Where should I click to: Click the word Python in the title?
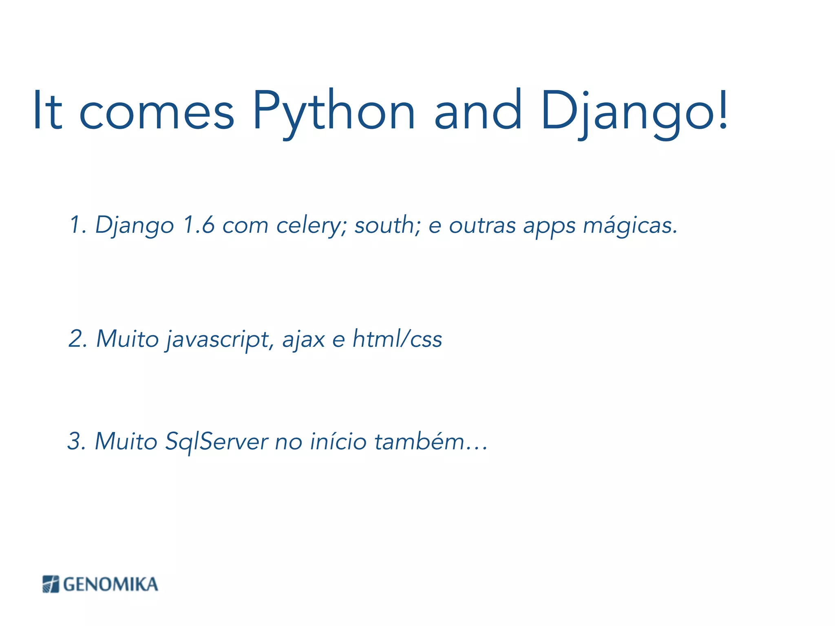tap(334, 111)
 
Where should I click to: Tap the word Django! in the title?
tap(634, 111)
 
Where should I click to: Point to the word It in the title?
tap(47, 111)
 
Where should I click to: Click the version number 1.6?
tap(199, 225)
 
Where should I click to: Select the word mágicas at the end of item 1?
tap(630, 226)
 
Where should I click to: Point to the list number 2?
tap(77, 339)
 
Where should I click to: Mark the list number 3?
tap(77, 441)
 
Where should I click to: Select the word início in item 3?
tap(338, 441)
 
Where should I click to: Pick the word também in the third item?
tap(420, 441)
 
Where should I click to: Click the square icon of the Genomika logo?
tap(51, 584)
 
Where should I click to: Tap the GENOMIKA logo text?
tap(110, 584)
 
